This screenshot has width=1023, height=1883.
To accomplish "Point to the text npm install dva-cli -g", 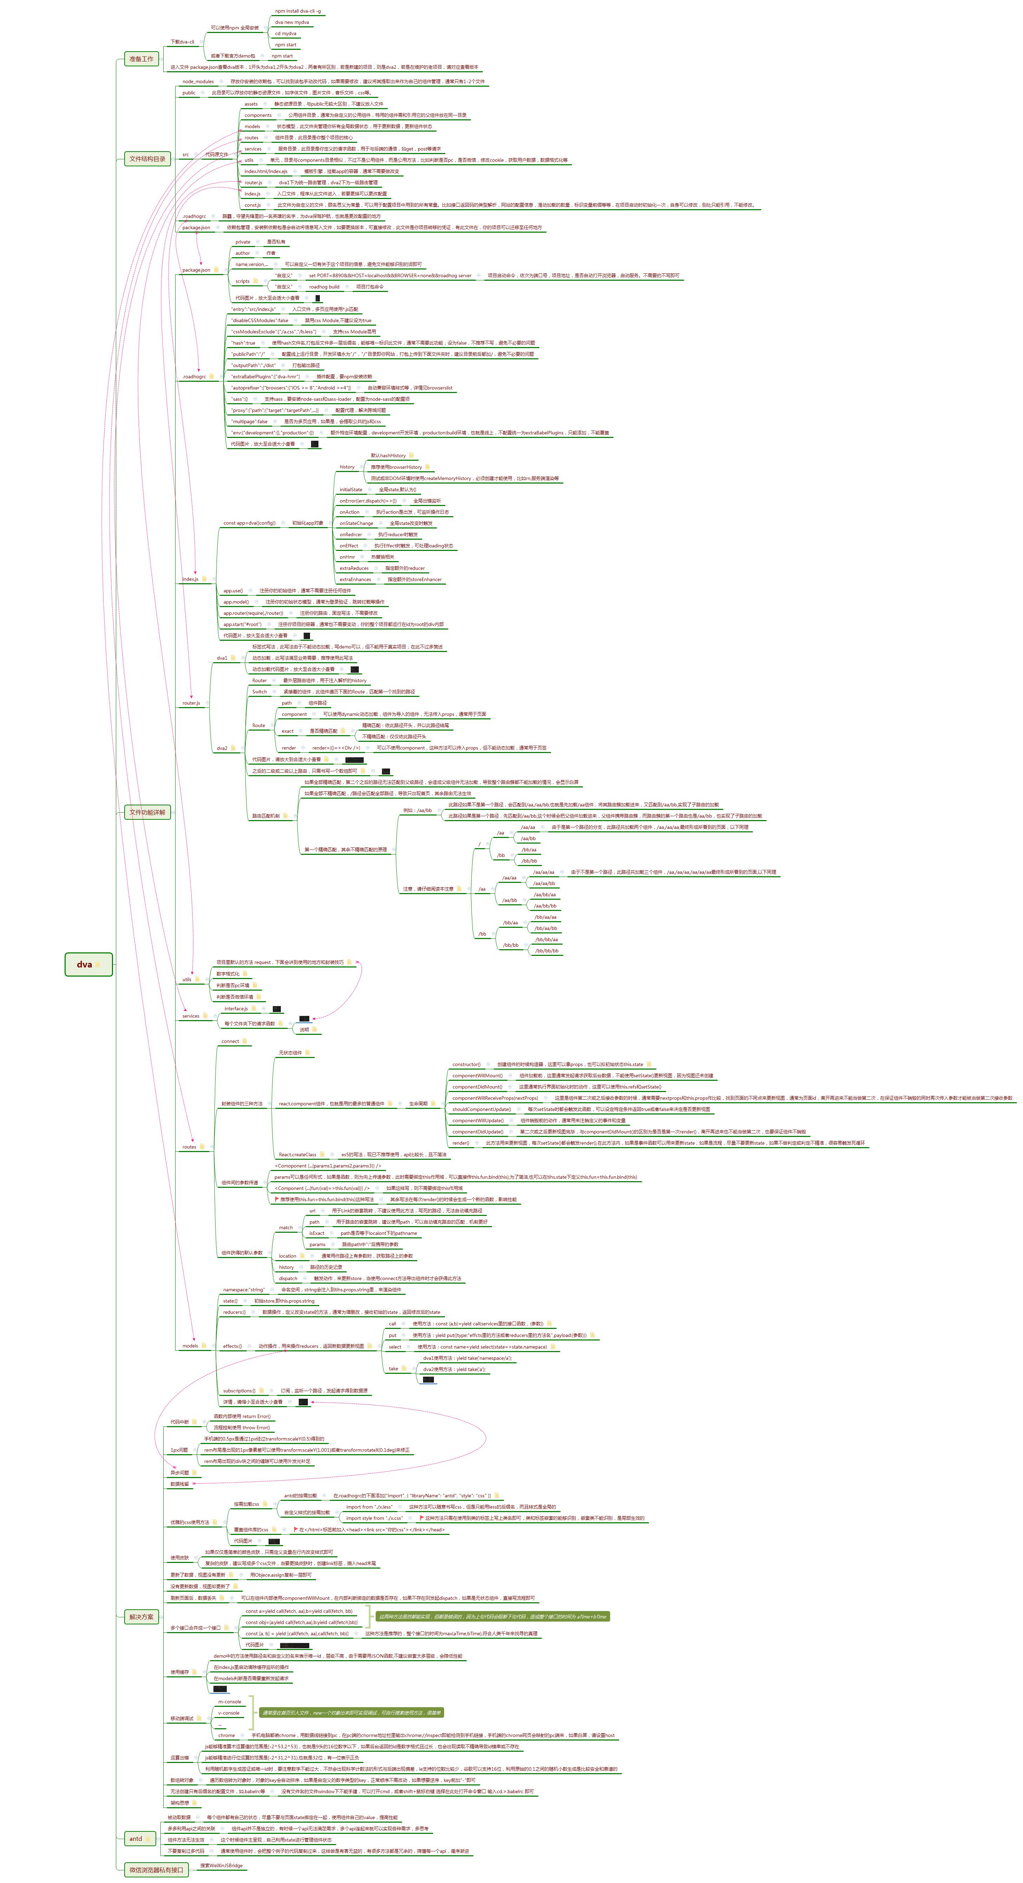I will pyautogui.click(x=298, y=11).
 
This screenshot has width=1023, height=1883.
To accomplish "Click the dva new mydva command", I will pyautogui.click(x=292, y=22).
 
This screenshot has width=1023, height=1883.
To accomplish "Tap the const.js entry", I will pyautogui.click(x=252, y=205).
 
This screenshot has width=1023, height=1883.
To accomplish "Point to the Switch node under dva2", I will pyautogui.click(x=259, y=692).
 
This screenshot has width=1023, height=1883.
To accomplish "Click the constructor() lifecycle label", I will pyautogui.click(x=466, y=1064).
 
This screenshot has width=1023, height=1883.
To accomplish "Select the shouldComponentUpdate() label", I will pyautogui.click(x=481, y=1109).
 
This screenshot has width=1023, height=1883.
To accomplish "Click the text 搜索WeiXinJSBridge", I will pyautogui.click(x=221, y=1865).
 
